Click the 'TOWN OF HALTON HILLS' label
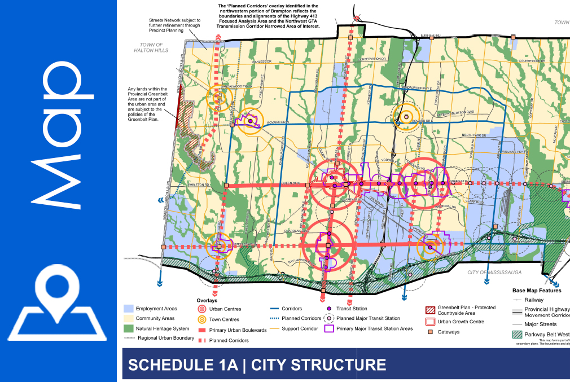point(151,47)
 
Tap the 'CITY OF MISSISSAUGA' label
point(494,273)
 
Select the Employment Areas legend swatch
point(129,309)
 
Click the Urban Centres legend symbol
point(202,309)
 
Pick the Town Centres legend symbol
point(202,319)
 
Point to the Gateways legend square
point(431,332)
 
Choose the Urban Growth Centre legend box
point(431,322)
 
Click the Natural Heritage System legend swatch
point(129,328)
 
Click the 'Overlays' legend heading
point(207,301)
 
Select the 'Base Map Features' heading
point(537,291)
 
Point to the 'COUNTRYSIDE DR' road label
point(530,61)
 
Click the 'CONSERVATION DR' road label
point(372,59)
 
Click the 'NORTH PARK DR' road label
point(473,135)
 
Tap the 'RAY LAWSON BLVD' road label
point(300,261)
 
